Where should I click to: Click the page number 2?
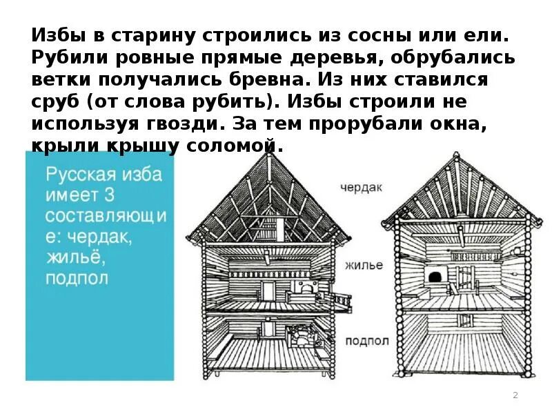coord(515,395)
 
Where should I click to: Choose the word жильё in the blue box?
coord(72,258)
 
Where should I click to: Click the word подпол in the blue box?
coord(77,279)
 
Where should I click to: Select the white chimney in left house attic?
coord(282,226)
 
